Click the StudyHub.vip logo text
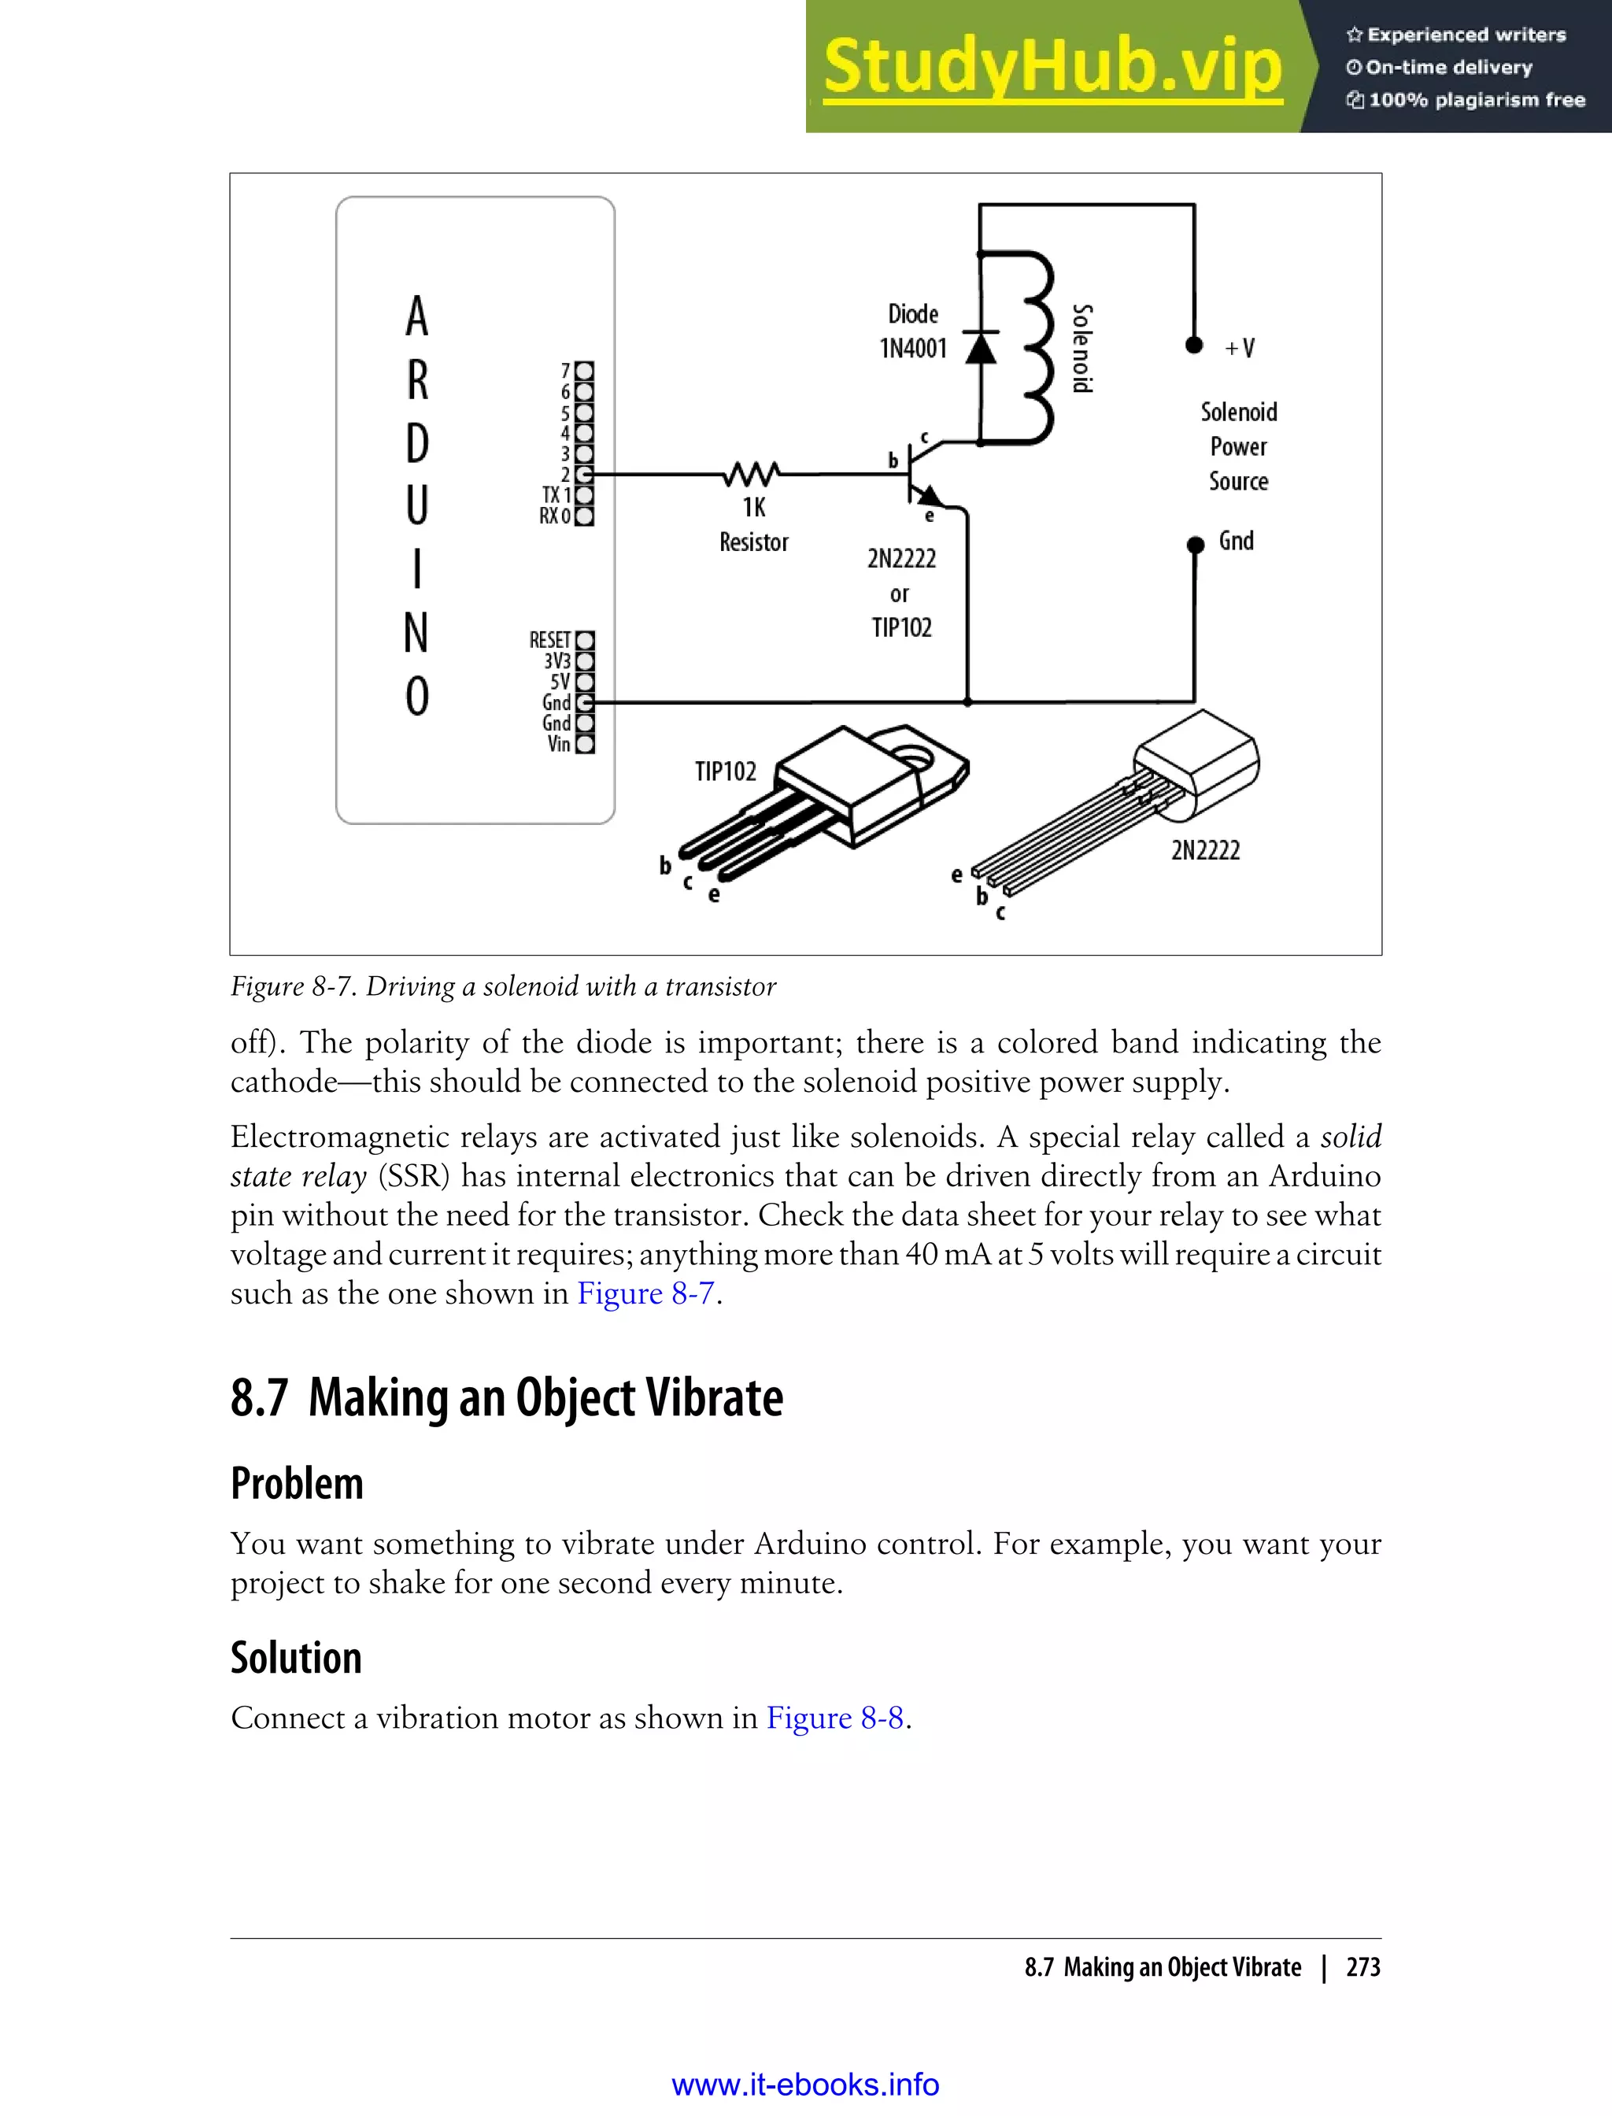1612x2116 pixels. coord(1052,67)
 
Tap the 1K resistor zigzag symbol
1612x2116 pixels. coord(752,473)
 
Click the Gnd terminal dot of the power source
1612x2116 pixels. coord(1195,545)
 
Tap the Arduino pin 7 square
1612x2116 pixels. coord(584,371)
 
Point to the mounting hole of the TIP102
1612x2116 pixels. coord(916,759)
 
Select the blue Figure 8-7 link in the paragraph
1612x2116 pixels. coord(645,1293)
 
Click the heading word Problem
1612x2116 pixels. coord(297,1484)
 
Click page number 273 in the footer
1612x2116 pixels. coord(1362,1967)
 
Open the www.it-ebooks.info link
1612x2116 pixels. coord(805,2085)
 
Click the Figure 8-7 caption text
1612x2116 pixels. coord(503,986)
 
